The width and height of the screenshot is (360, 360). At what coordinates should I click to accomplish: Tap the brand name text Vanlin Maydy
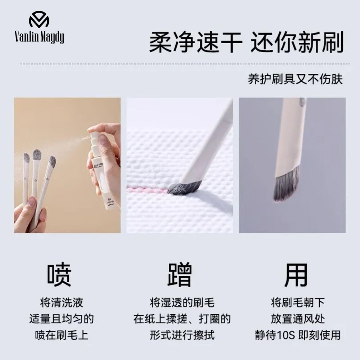click(39, 37)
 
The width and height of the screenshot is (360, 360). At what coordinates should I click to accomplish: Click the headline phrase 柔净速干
click(196, 42)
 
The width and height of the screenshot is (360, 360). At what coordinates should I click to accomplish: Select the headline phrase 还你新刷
click(297, 42)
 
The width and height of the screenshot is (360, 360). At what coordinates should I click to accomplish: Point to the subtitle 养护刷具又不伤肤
click(296, 80)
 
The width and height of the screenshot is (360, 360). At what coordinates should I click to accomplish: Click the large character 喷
click(59, 275)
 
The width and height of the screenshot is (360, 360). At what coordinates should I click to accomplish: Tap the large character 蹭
click(179, 275)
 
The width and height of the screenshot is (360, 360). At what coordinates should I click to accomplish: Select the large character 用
click(296, 275)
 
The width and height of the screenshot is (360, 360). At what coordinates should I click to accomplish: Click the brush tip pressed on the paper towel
click(184, 186)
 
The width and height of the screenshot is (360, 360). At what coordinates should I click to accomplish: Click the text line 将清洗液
click(62, 302)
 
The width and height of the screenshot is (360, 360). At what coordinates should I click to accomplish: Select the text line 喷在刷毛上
click(62, 335)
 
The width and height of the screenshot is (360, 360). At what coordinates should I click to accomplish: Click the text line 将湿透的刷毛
click(182, 302)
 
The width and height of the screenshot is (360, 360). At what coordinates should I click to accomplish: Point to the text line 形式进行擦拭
click(182, 335)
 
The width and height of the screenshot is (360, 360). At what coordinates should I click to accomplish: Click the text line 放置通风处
click(298, 319)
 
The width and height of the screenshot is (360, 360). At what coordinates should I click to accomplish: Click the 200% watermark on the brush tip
click(180, 190)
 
